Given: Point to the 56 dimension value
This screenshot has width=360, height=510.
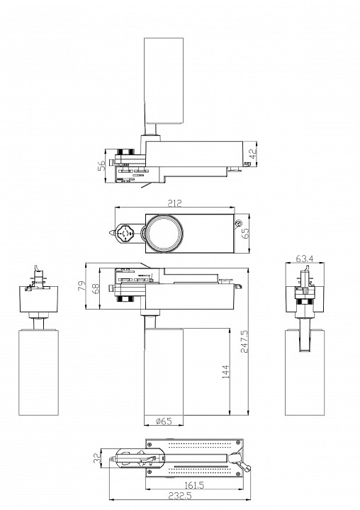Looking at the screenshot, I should pyautogui.click(x=101, y=165).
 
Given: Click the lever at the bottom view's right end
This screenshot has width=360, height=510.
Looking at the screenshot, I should pyautogui.click(x=247, y=465).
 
